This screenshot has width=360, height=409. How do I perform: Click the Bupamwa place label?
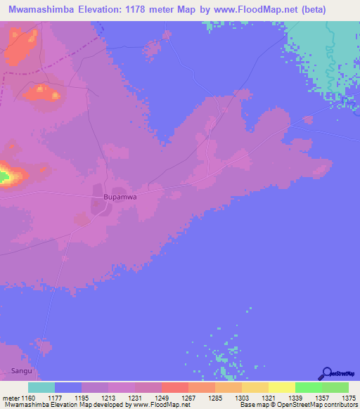(x=119, y=198)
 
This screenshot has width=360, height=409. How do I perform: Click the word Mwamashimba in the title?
(x=39, y=10)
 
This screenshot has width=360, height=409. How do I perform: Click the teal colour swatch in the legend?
(x=41, y=387)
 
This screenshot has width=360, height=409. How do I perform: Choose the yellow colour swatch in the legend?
(x=282, y=387)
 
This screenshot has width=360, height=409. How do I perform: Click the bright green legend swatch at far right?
(x=335, y=387)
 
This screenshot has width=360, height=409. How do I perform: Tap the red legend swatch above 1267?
(x=175, y=387)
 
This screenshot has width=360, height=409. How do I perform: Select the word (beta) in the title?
(x=309, y=10)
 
